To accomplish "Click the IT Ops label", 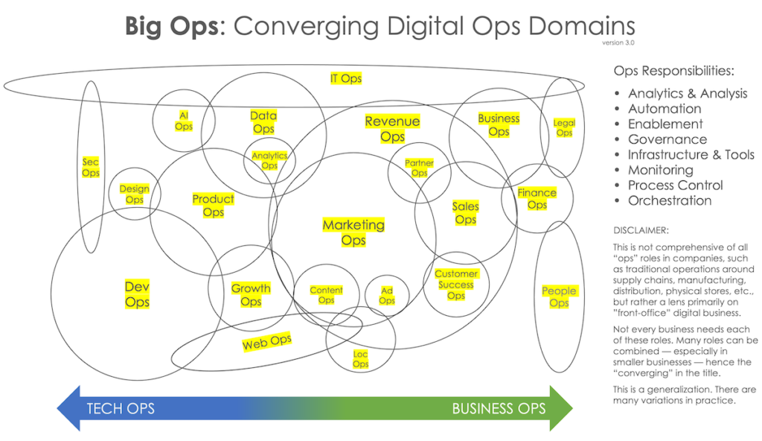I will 346,78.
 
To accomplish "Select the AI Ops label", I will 184,121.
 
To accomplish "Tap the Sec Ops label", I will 91,168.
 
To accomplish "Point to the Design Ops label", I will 135,194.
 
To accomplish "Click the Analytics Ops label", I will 269,161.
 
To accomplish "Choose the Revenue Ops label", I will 392,129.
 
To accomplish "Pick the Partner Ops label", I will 420,168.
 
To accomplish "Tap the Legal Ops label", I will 564,128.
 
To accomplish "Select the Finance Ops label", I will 537,199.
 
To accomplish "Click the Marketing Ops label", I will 353,232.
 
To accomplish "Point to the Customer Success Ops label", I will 456,285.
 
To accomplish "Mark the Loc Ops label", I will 361,359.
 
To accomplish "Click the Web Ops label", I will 266,343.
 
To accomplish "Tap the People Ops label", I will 559,297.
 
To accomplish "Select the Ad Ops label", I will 387,296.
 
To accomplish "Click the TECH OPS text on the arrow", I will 121,408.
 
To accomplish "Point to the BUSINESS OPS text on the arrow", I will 499,408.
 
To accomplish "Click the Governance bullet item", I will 667,139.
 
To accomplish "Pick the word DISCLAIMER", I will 641,230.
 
